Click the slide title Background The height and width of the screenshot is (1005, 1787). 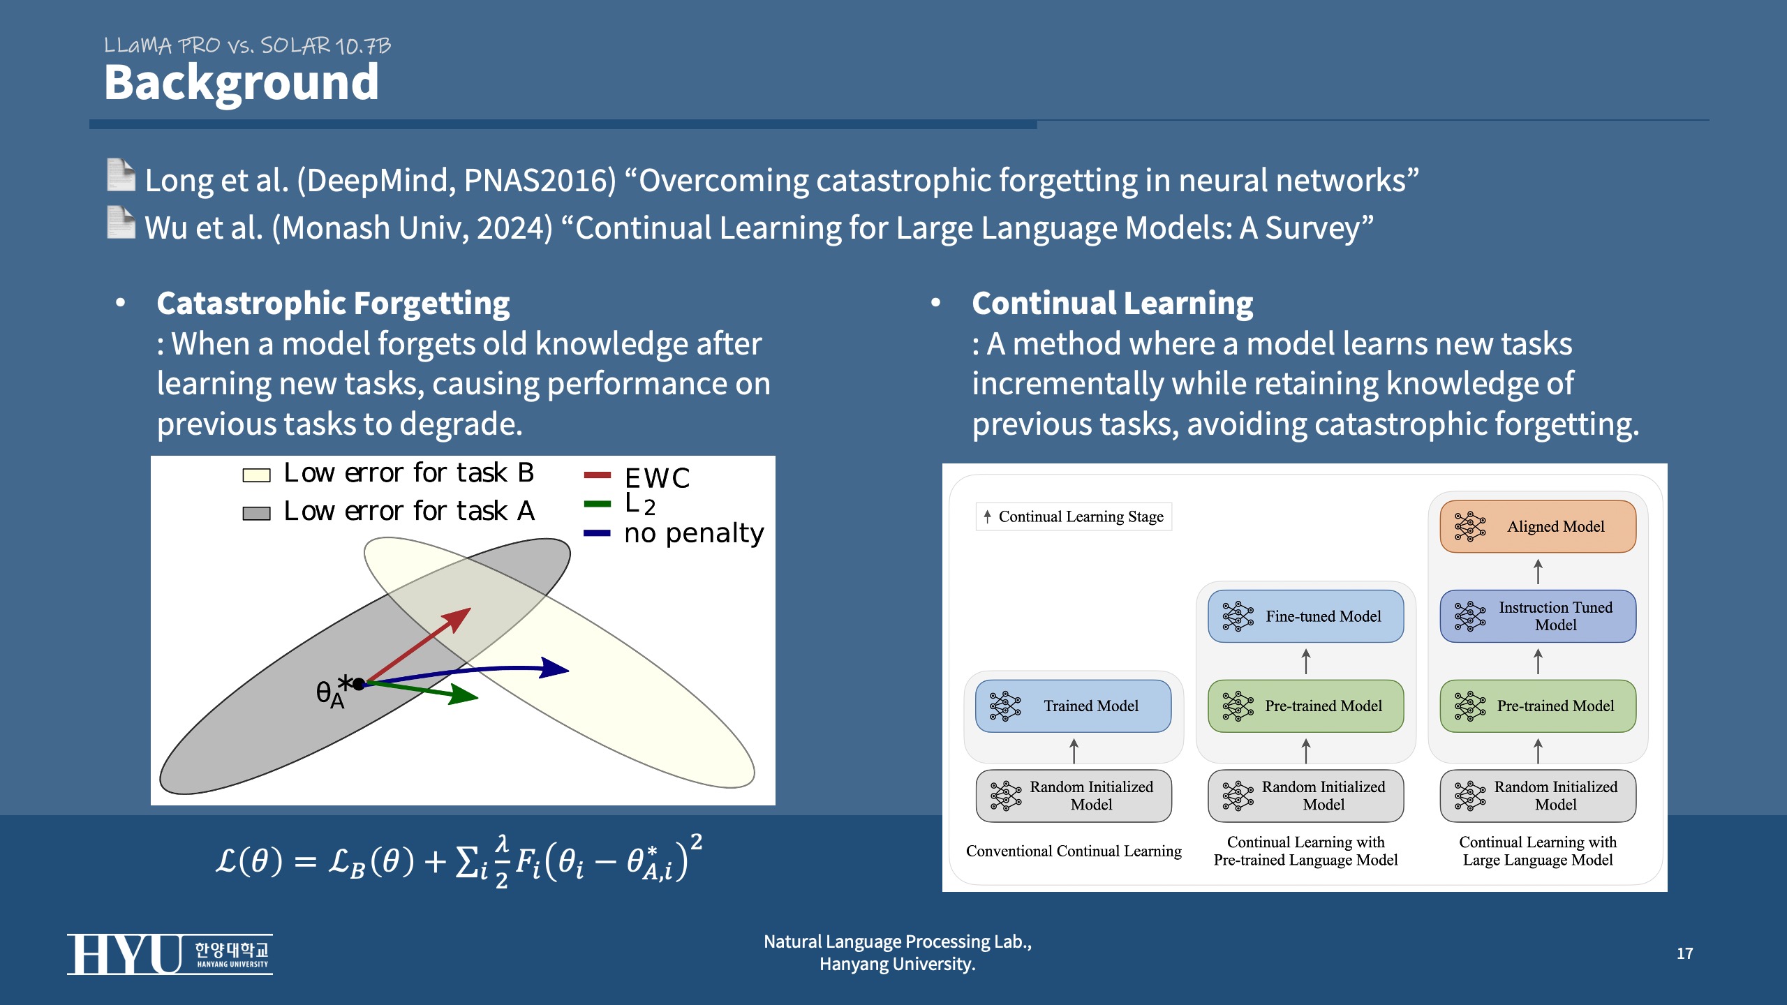pos(241,82)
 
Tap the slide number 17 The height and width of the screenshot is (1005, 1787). pos(1684,953)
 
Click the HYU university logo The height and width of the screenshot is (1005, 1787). pos(170,954)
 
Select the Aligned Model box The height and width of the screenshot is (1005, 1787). pos(1538,526)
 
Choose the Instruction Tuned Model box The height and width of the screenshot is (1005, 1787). pos(1538,616)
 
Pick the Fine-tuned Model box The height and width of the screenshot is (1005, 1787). pos(1305,616)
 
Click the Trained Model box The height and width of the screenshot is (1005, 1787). pos(1073,706)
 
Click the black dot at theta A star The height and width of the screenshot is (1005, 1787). pos(359,684)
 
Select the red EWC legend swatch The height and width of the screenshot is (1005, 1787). pos(597,475)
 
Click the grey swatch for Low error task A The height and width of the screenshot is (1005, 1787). pos(256,514)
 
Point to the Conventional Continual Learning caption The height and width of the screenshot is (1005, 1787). pos(1074,851)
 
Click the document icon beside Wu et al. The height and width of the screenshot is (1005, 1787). pos(121,223)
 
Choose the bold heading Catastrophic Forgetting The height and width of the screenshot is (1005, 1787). pos(333,303)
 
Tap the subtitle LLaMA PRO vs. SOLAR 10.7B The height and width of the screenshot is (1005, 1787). pos(247,46)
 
